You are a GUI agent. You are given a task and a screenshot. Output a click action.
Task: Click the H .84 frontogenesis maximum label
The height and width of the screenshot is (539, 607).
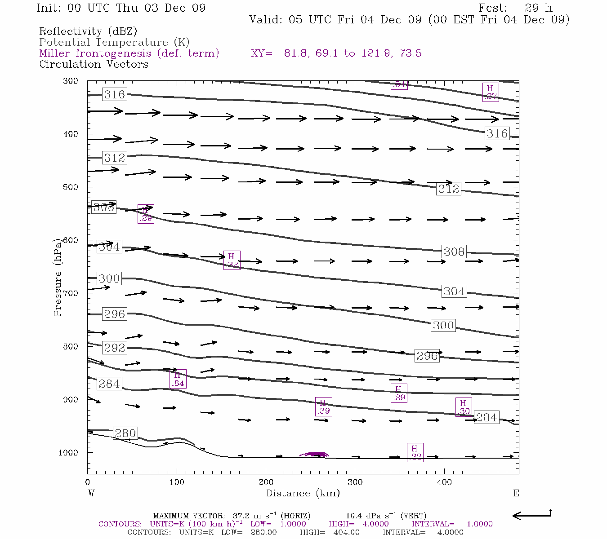click(x=178, y=379)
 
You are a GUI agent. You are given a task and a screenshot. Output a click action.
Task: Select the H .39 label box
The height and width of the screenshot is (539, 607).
click(x=323, y=406)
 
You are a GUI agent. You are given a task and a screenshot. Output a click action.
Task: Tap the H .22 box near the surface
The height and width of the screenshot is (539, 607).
click(x=415, y=452)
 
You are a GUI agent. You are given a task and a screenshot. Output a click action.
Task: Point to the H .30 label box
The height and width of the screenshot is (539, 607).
click(x=464, y=407)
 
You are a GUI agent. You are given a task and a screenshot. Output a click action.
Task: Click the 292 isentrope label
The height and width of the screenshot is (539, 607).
click(x=114, y=348)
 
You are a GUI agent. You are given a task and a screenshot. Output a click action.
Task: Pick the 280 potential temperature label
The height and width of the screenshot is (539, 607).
click(x=125, y=433)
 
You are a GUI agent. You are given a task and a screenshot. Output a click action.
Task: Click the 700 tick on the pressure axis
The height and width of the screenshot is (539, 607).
click(x=71, y=293)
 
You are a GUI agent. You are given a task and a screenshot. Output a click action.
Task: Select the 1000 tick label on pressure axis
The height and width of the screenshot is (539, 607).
click(x=68, y=453)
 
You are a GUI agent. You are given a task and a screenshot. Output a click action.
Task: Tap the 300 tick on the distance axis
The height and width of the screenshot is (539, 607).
click(x=355, y=482)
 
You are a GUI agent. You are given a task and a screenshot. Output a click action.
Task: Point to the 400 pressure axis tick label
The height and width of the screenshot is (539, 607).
click(x=71, y=134)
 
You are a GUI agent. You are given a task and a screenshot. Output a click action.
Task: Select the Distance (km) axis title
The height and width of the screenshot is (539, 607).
click(x=303, y=493)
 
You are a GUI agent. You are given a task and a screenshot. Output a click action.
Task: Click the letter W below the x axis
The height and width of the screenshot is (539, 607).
click(x=91, y=493)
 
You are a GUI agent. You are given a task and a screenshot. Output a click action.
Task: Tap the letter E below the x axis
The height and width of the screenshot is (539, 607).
click(x=516, y=493)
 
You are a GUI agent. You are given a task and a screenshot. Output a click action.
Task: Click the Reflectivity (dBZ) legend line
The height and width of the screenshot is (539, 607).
click(x=88, y=31)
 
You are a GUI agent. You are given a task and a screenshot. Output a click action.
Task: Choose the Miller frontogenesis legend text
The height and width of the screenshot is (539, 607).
click(x=129, y=53)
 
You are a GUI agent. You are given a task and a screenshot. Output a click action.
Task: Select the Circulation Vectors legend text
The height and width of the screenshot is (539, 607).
click(x=94, y=64)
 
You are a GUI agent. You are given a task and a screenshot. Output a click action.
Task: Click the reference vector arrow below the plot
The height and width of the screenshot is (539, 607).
click(x=531, y=515)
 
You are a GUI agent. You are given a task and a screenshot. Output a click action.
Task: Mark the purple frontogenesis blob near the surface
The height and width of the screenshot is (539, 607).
click(x=315, y=454)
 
